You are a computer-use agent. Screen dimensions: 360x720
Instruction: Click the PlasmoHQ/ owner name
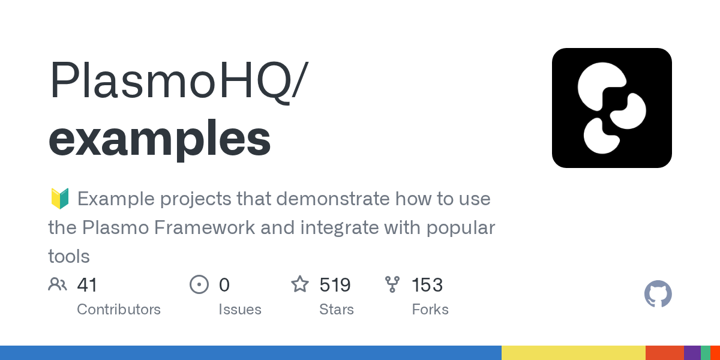pyautogui.click(x=178, y=81)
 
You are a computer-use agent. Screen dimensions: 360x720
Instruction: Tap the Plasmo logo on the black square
pyautogui.click(x=611, y=108)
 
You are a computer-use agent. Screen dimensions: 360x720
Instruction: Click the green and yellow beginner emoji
pyautogui.click(x=59, y=199)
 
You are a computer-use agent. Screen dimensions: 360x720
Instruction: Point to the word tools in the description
pyautogui.click(x=69, y=257)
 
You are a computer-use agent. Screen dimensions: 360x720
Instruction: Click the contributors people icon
pyautogui.click(x=58, y=284)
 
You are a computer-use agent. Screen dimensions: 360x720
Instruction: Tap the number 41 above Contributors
pyautogui.click(x=87, y=284)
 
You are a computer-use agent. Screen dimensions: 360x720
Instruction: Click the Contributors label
pyautogui.click(x=119, y=310)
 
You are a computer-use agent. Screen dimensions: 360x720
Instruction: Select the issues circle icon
pyautogui.click(x=199, y=284)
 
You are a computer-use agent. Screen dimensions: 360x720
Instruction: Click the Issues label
pyautogui.click(x=240, y=310)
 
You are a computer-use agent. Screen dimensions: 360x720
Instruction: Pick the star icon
pyautogui.click(x=300, y=284)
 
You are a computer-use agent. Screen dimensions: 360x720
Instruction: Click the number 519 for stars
pyautogui.click(x=335, y=284)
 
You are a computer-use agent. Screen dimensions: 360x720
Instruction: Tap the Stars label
pyautogui.click(x=337, y=310)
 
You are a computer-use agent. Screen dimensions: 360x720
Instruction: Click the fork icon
pyautogui.click(x=392, y=284)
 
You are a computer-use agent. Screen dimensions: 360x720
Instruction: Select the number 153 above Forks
pyautogui.click(x=427, y=284)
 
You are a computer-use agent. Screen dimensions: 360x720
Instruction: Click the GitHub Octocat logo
pyautogui.click(x=658, y=295)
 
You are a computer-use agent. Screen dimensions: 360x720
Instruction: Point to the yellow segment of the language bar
pyautogui.click(x=573, y=353)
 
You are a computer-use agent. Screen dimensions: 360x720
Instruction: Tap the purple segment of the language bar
pyautogui.click(x=692, y=353)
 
